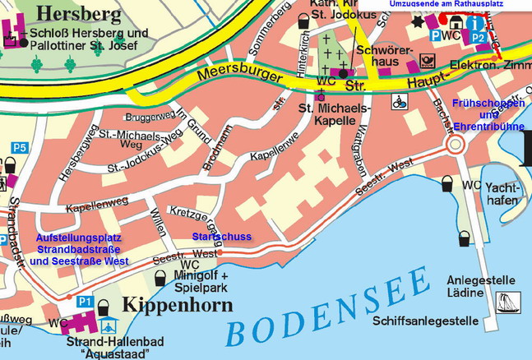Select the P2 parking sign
pos(479,36)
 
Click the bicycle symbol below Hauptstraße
pos(399,103)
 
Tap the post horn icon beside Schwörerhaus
pos(426,58)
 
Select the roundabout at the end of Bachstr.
pos(454,145)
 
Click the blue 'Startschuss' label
pos(221,237)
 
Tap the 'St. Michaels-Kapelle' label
pos(334,114)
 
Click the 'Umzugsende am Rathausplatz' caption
pos(456,5)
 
